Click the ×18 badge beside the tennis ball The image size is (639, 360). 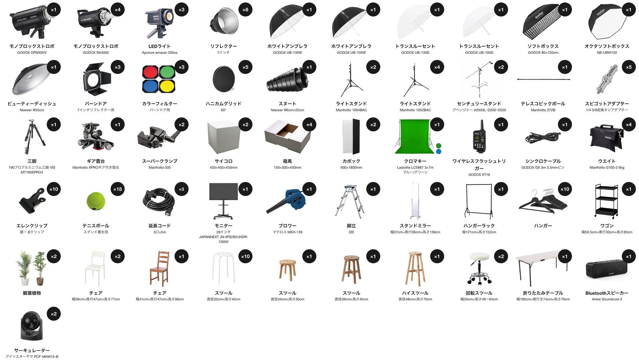(x=117, y=189)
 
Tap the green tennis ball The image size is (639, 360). (x=96, y=201)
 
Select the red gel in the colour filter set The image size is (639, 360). (x=150, y=72)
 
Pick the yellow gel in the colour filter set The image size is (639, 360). (x=167, y=87)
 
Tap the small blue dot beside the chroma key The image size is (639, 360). (x=439, y=152)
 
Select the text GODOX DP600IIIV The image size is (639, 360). (x=32, y=52)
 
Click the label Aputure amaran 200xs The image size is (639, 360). (x=160, y=52)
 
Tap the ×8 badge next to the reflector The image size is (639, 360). (x=245, y=10)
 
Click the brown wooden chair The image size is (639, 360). (x=160, y=269)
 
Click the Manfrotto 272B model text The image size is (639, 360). (x=543, y=110)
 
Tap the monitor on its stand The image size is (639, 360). (x=223, y=201)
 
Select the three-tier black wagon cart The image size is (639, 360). (x=607, y=201)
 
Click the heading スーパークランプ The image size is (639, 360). (x=160, y=161)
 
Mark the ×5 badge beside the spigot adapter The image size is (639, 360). (x=629, y=67)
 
